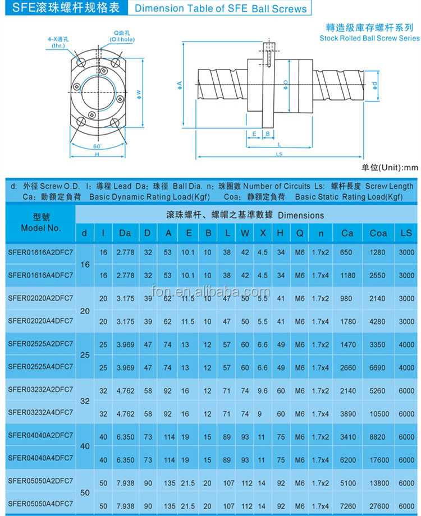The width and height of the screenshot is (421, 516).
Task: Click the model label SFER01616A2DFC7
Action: click(x=40, y=252)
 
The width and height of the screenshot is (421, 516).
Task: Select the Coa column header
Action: click(x=378, y=233)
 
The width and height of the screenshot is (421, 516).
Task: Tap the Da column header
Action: click(x=125, y=233)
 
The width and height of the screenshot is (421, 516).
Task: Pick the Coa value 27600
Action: click(x=378, y=505)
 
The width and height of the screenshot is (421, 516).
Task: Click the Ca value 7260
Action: click(x=347, y=505)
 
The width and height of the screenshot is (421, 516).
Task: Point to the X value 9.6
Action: click(x=263, y=390)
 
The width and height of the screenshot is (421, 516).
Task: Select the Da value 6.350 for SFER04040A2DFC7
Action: click(x=125, y=436)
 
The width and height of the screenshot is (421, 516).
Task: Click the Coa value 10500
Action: click(x=378, y=413)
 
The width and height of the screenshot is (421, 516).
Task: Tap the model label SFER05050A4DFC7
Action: click(x=40, y=504)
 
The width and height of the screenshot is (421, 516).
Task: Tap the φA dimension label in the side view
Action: click(x=180, y=84)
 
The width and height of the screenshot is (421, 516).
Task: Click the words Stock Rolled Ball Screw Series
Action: click(x=369, y=38)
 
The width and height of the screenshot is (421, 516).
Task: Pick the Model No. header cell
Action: click(x=40, y=223)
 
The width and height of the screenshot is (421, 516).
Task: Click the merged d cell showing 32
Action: click(x=84, y=402)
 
